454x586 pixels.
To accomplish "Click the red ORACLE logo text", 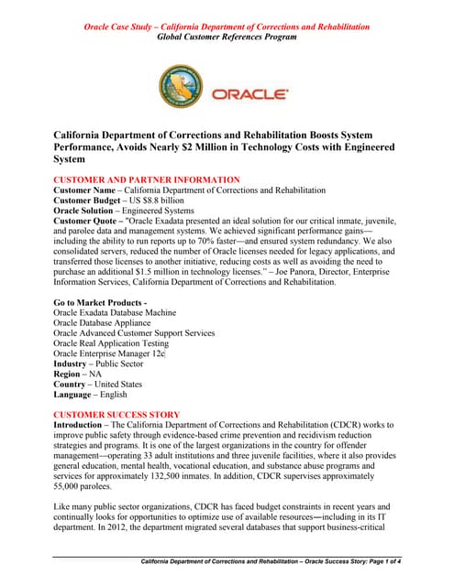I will tap(250, 93).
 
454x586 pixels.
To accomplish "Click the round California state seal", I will tap(182, 88).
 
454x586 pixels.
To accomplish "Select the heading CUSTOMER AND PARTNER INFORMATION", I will tap(147, 179).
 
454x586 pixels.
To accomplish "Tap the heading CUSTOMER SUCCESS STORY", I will tap(116, 415).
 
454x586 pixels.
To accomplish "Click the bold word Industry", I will tap(74, 370).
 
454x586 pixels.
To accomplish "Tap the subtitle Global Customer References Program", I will tap(227, 38).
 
